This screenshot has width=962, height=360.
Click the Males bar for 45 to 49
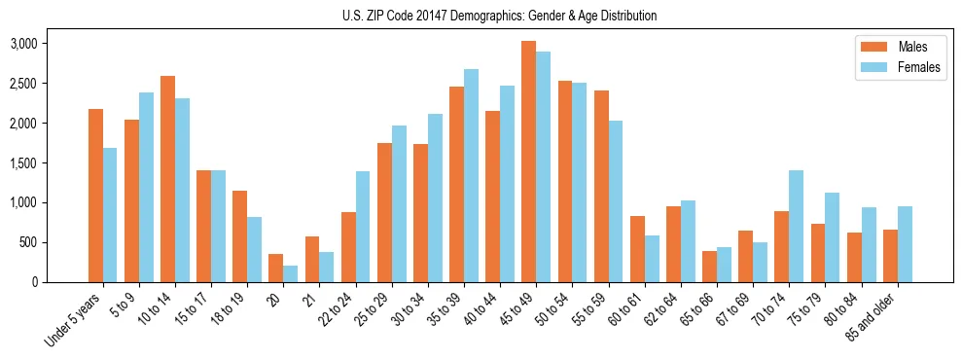click(x=528, y=162)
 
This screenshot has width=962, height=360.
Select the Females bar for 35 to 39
click(x=471, y=175)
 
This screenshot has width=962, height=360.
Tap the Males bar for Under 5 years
click(x=95, y=196)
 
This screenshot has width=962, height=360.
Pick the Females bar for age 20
click(x=291, y=273)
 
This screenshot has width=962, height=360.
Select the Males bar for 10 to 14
click(x=167, y=179)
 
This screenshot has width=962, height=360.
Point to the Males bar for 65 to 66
click(x=709, y=267)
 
